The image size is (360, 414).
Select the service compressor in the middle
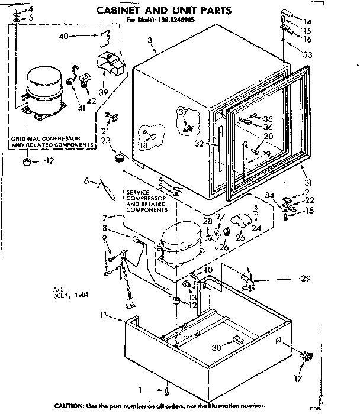point(181,242)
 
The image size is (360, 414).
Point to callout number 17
point(297,378)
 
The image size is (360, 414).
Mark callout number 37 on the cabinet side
point(182,112)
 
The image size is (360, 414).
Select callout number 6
point(86,181)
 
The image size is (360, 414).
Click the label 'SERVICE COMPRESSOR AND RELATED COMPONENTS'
point(146,201)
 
